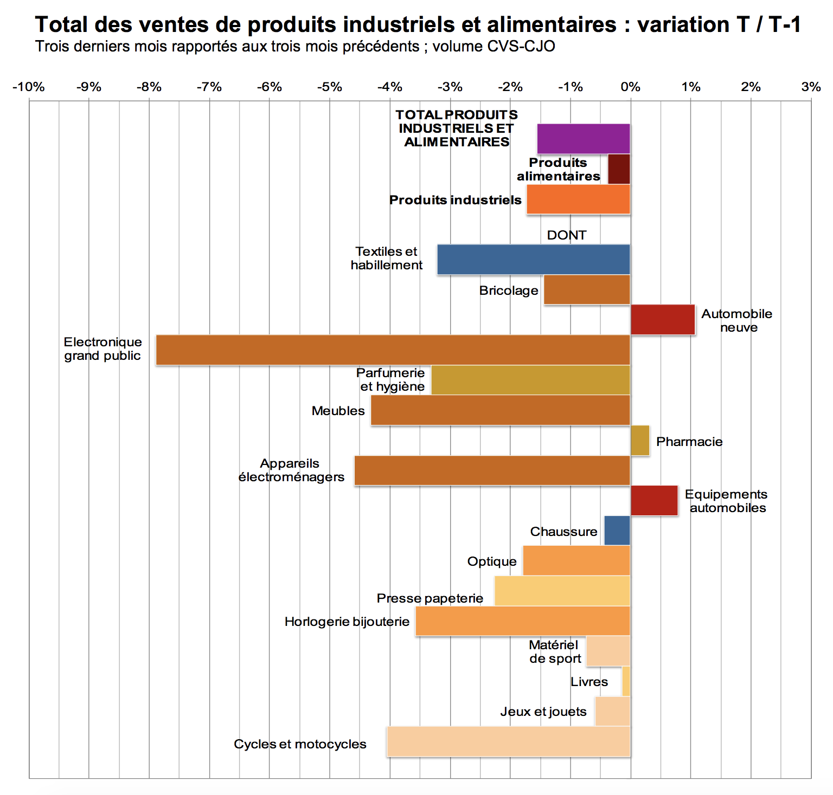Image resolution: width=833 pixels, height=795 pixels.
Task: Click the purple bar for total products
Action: click(584, 139)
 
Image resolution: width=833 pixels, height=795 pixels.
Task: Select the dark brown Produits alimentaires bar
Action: click(619, 169)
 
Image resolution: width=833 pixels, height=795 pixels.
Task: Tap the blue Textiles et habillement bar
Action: click(534, 260)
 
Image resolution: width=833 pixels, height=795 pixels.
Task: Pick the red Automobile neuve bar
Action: click(663, 320)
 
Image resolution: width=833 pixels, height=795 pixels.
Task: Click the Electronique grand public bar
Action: click(393, 350)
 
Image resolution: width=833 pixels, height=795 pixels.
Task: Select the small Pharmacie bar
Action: click(640, 441)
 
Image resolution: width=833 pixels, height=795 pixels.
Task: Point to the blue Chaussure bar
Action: click(617, 531)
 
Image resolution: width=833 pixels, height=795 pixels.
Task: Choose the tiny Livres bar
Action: click(626, 681)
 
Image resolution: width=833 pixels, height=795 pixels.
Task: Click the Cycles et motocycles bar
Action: click(509, 742)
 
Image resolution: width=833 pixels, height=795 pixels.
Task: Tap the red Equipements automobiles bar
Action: click(654, 501)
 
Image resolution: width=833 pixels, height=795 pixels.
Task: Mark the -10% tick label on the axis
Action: click(28, 87)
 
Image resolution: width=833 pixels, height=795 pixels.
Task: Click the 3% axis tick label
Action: click(811, 87)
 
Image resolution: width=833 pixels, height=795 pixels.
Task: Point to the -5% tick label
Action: click(329, 87)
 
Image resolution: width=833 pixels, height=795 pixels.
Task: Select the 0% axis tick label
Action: click(630, 87)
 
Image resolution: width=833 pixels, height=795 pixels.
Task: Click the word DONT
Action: click(567, 235)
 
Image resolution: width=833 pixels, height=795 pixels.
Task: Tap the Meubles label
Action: click(338, 411)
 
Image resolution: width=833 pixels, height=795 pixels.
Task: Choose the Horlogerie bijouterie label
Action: click(347, 622)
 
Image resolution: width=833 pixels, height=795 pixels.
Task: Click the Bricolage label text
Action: click(509, 290)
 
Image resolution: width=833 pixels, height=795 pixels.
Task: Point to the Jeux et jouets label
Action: click(543, 712)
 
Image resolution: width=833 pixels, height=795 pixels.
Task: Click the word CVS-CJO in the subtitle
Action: click(521, 47)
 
